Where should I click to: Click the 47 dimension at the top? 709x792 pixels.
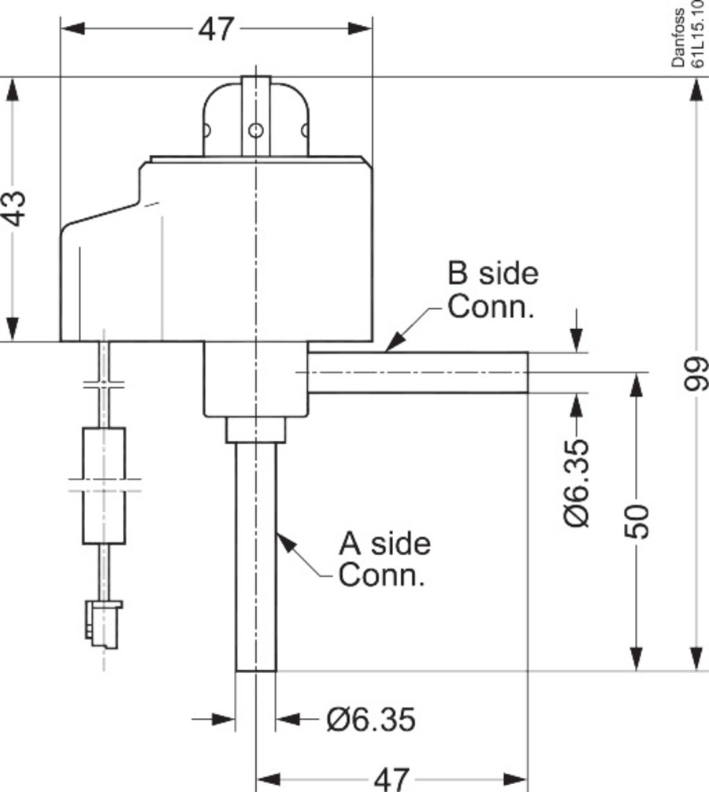click(216, 29)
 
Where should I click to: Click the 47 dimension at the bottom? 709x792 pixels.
click(392, 778)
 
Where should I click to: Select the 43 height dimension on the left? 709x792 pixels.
click(17, 208)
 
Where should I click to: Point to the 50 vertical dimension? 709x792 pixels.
click(639, 520)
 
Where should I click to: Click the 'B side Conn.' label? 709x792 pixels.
click(492, 290)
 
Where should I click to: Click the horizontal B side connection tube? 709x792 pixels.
click(418, 372)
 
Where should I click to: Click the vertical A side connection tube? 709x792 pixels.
click(256, 559)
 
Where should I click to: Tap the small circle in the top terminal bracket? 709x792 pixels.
click(255, 129)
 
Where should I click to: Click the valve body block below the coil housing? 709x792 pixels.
click(254, 379)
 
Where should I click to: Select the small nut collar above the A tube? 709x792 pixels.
click(254, 430)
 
